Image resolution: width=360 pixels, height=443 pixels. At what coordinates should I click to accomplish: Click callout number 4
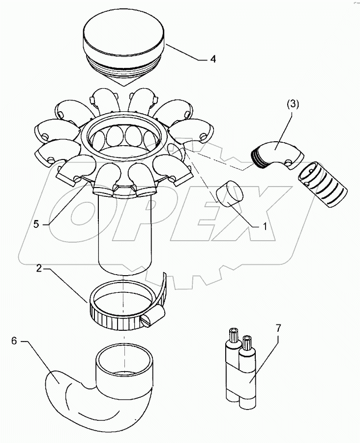point(212,60)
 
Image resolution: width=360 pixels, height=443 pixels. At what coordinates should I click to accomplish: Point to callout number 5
point(36,223)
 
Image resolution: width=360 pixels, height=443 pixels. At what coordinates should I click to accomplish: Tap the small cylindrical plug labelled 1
point(229,193)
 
